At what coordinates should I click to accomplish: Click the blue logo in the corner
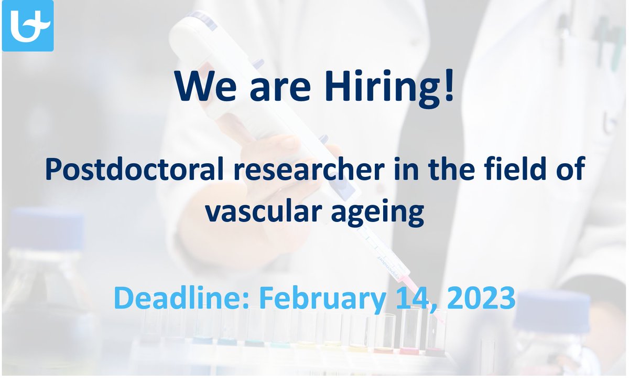28,26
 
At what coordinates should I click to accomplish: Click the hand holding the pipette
273,157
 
